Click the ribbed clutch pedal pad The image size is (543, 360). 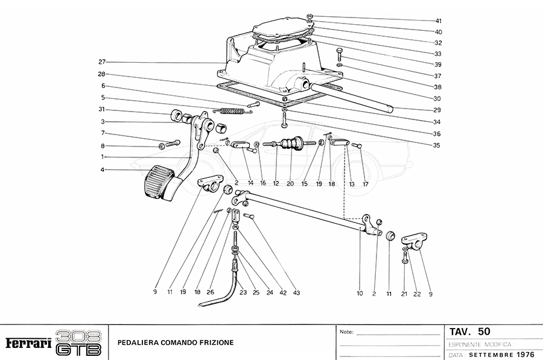157,181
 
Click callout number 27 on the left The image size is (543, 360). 102,62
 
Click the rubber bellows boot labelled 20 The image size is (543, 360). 292,145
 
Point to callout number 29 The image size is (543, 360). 437,110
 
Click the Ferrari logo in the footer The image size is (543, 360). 28,343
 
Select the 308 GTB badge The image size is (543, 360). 78,343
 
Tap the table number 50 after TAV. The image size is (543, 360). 484,331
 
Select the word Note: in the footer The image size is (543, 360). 346,332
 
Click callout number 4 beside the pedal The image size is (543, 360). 103,169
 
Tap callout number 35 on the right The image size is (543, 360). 437,145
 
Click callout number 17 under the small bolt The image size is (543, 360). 365,183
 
